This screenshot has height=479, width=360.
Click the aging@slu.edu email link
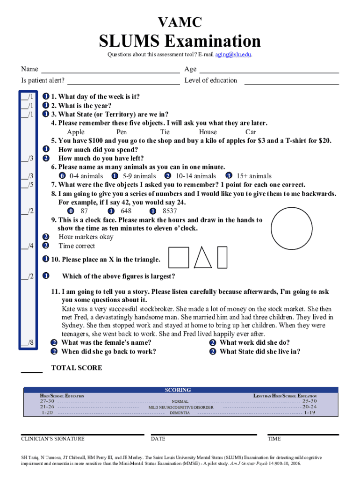pyautogui.click(x=233, y=54)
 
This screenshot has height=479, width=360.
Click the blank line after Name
pyautogui.click(x=110, y=73)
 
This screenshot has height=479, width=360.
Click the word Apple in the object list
pyautogui.click(x=76, y=132)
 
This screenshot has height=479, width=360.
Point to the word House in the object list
pyautogui.click(x=208, y=132)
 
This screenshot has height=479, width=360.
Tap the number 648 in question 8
pyautogui.click(x=126, y=211)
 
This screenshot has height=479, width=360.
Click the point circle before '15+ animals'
pyautogui.click(x=229, y=176)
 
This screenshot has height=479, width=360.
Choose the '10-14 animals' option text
pyautogui.click(x=196, y=176)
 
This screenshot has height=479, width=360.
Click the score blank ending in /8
pyautogui.click(x=27, y=343)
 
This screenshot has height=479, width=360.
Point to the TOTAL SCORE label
pyautogui.click(x=76, y=368)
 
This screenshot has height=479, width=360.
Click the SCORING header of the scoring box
pyautogui.click(x=178, y=390)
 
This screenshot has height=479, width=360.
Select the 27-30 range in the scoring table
pyautogui.click(x=47, y=401)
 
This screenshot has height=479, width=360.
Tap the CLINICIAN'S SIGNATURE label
pyautogui.click(x=53, y=439)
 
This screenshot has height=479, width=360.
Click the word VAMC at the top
pyautogui.click(x=180, y=22)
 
